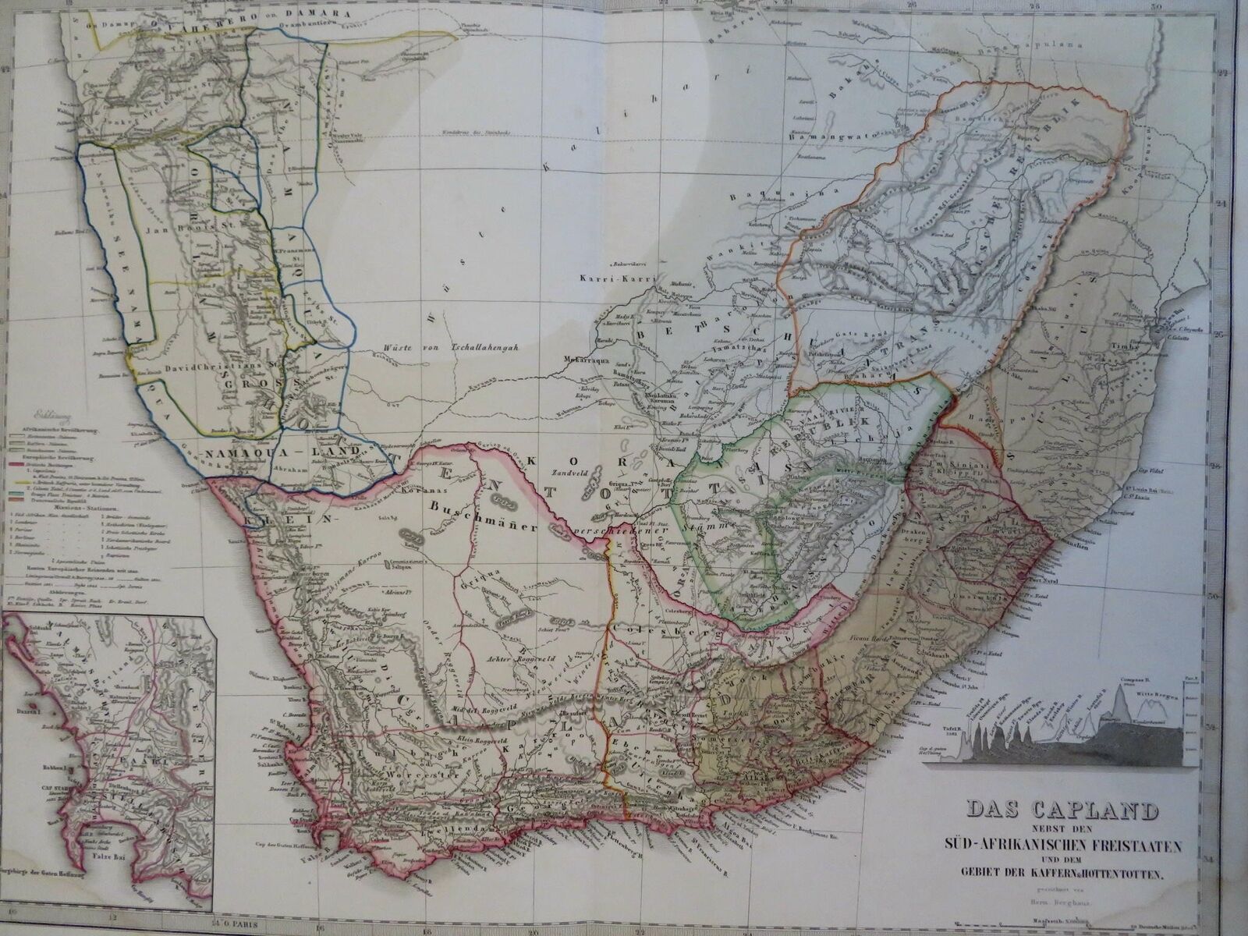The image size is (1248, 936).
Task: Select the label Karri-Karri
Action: [611, 278]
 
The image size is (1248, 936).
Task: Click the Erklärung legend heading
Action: [48, 417]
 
